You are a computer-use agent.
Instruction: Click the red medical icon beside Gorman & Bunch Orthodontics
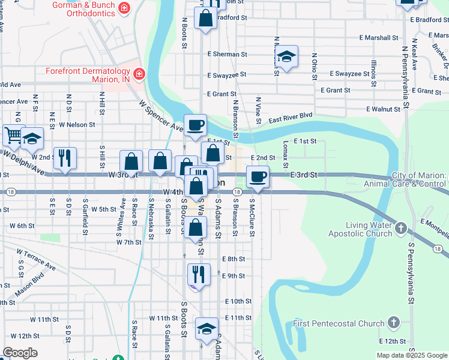tap(124, 8)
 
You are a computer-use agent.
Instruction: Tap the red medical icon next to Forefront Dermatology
tap(139, 74)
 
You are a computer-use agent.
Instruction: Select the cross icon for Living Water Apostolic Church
tap(401, 229)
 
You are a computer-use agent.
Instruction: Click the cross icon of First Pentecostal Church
tap(393, 323)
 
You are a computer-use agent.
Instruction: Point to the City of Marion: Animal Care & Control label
tap(419, 179)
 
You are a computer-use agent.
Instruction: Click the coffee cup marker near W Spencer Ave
tap(195, 125)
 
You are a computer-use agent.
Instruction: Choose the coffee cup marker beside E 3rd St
tap(258, 176)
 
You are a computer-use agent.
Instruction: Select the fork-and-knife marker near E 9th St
tap(199, 275)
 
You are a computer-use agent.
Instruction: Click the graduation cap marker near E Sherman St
tap(287, 57)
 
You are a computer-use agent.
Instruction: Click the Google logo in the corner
tap(20, 353)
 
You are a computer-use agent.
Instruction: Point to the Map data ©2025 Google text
tap(411, 355)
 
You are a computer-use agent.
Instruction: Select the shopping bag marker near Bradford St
tap(205, 17)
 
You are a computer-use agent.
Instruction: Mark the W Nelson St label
tap(77, 125)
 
